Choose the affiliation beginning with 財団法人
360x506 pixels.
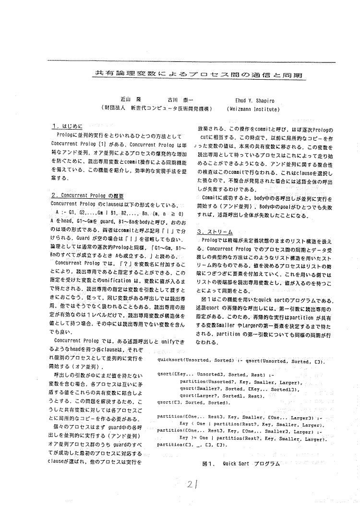pyautogui.click(x=154, y=109)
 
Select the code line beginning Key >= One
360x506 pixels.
pyautogui.click(x=250, y=438)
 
